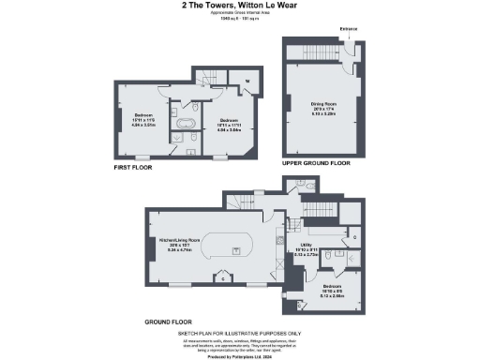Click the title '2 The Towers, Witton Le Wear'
(239, 5)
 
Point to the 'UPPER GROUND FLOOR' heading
(315, 162)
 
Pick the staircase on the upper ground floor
(313, 52)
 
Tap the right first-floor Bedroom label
(228, 120)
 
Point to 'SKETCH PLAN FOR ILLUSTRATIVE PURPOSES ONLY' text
(239, 332)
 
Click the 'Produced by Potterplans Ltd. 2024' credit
(239, 355)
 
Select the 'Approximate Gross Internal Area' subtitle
(239, 12)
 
